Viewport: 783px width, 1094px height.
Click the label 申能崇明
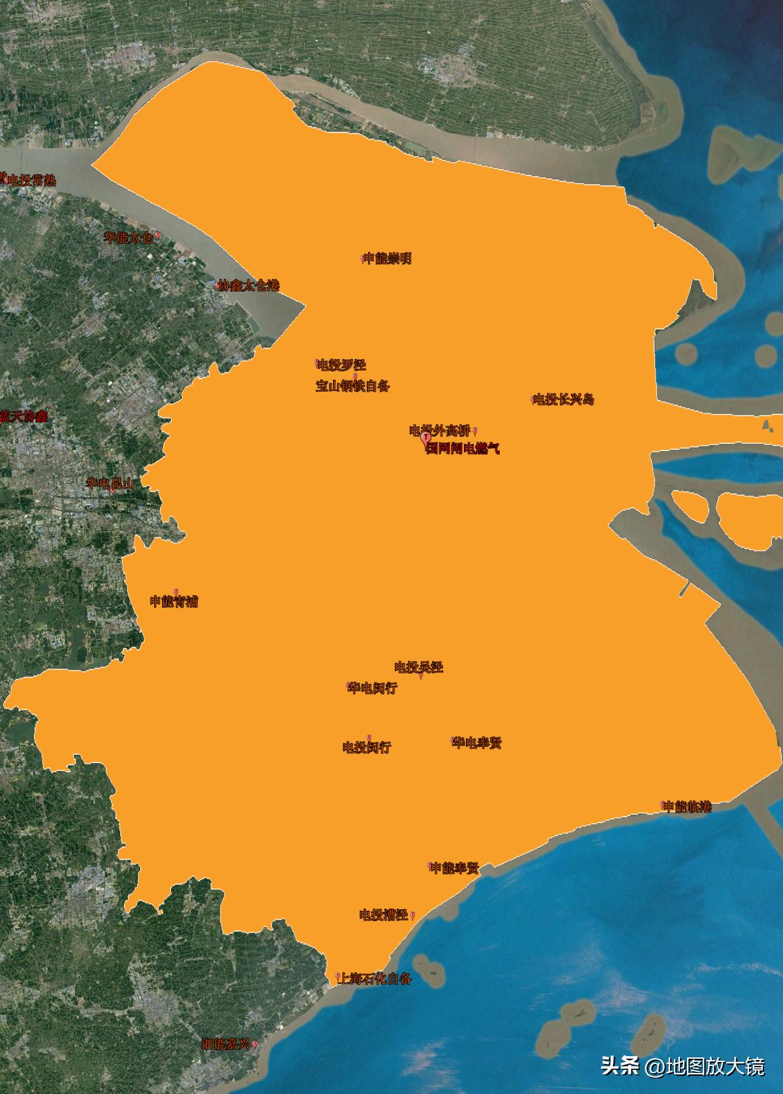click(388, 258)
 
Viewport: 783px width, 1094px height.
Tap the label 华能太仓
click(129, 238)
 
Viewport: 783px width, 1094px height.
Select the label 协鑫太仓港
click(249, 285)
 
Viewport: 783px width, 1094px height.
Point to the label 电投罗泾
click(341, 365)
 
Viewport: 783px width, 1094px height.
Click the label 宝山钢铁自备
click(352, 386)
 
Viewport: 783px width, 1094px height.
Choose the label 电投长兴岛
click(564, 399)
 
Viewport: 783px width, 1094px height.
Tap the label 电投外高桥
click(440, 430)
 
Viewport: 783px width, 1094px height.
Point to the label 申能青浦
click(174, 601)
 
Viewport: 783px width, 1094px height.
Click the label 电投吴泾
click(419, 667)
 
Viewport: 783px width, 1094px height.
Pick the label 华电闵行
click(373, 688)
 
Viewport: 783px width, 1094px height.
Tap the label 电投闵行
click(367, 747)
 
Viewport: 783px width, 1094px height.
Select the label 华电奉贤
click(478, 743)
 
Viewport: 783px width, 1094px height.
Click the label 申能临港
click(687, 806)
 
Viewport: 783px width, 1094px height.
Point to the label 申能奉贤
click(455, 867)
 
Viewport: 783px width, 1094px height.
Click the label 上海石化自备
click(374, 978)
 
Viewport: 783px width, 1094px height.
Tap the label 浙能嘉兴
click(226, 1044)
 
